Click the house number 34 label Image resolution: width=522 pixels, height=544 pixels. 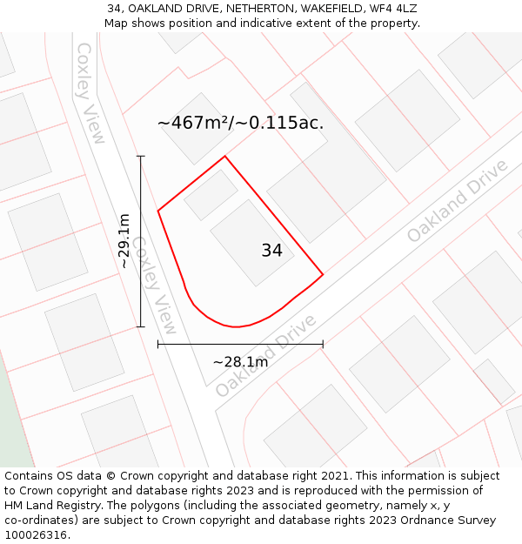tap(271, 251)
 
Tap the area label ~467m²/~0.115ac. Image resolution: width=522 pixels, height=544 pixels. tap(240, 123)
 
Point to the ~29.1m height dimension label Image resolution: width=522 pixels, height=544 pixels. tap(124, 240)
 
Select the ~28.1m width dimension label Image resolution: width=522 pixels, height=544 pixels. tap(240, 362)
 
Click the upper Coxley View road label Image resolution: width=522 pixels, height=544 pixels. tap(90, 92)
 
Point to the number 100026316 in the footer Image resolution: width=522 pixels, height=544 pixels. tap(36, 534)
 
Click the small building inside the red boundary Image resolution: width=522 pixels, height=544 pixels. tap(211, 194)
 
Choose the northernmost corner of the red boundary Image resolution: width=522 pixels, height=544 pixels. tap(225, 157)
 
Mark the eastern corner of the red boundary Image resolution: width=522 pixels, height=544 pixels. tap(323, 275)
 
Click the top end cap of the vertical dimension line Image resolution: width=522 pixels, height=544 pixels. tap(141, 157)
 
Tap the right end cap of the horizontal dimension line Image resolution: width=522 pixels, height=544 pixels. tap(323, 345)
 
